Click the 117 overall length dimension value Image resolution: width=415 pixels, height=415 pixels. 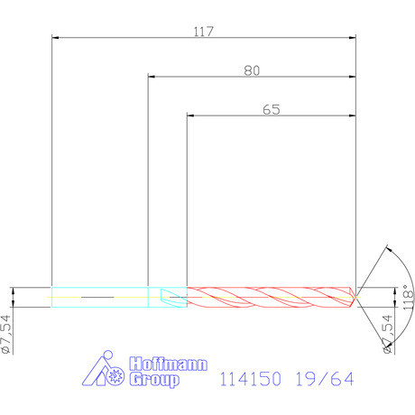[203, 32]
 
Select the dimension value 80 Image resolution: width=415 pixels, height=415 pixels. [253, 70]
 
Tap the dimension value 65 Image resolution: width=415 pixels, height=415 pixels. [272, 109]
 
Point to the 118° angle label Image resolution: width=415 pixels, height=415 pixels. [407, 299]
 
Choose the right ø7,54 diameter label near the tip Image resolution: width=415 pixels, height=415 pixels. [388, 335]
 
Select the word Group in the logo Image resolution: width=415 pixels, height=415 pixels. [154, 381]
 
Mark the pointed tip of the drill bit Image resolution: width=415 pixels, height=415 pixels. [357, 296]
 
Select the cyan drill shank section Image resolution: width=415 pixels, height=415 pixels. [99, 296]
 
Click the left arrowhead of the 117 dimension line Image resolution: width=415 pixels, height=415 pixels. [56, 39]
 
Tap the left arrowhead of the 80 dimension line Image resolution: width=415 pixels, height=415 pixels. [151, 78]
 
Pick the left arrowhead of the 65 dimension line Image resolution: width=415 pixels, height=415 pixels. [190, 116]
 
